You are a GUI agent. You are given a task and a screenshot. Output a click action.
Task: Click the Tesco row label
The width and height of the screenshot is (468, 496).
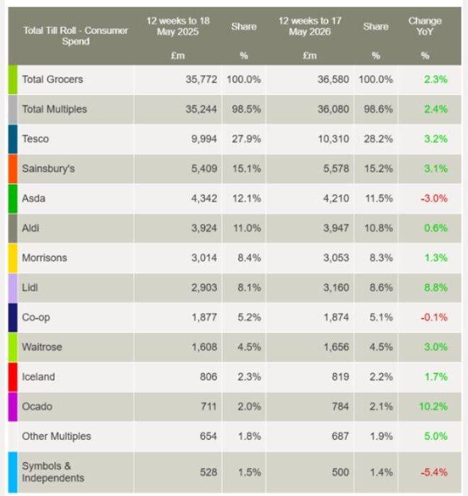click(x=35, y=139)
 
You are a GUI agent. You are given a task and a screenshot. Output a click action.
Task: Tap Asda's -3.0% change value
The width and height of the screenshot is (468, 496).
click(x=434, y=198)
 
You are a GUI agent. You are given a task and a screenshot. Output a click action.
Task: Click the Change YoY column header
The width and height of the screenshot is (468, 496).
click(x=425, y=26)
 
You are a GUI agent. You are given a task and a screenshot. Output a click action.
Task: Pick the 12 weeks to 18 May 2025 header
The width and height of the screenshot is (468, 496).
click(x=178, y=26)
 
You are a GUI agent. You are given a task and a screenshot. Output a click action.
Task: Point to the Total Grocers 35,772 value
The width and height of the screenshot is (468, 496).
click(x=201, y=79)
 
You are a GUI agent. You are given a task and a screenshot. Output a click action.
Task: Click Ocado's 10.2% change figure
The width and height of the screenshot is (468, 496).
click(x=433, y=407)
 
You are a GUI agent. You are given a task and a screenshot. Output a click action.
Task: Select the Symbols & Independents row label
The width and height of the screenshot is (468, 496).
click(x=53, y=472)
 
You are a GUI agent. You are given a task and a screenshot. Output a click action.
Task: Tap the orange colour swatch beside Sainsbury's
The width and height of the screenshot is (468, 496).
click(x=13, y=169)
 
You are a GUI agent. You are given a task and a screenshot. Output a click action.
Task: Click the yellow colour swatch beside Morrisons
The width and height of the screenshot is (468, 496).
click(x=13, y=258)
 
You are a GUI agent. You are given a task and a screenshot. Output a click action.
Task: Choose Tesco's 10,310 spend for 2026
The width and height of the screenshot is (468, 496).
click(x=333, y=139)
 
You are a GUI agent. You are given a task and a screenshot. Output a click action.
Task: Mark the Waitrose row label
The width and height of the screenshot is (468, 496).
click(x=42, y=347)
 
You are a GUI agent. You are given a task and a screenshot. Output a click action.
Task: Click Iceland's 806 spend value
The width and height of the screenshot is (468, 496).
click(x=208, y=377)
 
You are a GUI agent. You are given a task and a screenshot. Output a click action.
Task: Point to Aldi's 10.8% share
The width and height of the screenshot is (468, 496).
click(x=379, y=228)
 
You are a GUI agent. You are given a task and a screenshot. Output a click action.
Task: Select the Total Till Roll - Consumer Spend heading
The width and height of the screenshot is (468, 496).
click(x=76, y=35)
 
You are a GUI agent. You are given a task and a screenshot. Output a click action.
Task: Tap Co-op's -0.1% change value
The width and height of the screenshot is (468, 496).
click(x=434, y=317)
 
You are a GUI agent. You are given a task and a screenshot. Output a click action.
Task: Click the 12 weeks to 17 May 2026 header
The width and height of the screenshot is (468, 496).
click(x=310, y=26)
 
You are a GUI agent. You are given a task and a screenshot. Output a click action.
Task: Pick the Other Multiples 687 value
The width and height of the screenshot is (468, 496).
click(x=340, y=436)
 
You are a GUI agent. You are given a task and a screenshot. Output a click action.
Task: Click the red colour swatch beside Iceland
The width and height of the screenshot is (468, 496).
click(x=13, y=377)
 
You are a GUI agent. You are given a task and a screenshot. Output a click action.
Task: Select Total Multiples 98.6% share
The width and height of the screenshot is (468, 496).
click(x=379, y=109)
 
